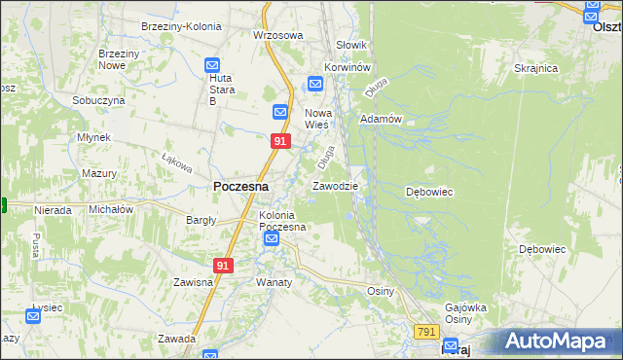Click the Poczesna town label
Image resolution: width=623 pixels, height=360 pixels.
[240, 186]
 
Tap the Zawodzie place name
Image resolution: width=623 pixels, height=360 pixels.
[335, 185]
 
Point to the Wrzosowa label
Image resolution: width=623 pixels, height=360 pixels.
[278, 35]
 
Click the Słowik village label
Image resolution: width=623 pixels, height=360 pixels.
[350, 45]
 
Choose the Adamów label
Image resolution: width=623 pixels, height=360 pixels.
[381, 119]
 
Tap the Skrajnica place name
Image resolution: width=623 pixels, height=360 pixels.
[535, 68]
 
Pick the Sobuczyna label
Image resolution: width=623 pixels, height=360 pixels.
[98, 100]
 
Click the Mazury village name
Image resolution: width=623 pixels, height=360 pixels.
[99, 173]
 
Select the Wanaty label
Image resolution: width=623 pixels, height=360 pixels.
[274, 282]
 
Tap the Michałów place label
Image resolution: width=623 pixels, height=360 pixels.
[110, 209]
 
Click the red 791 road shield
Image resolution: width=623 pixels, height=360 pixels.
[425, 332]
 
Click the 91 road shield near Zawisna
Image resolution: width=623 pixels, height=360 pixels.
[224, 265]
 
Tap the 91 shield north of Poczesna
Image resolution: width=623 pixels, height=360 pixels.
[280, 141]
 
